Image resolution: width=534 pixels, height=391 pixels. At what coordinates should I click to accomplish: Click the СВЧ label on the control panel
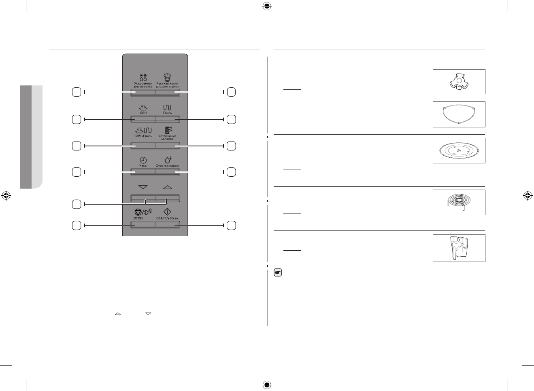click(x=143, y=113)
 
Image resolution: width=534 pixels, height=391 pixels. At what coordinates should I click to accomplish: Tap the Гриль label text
click(x=167, y=113)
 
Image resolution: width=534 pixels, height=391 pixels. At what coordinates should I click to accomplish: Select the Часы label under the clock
click(x=143, y=166)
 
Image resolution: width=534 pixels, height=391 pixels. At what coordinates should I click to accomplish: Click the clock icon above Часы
click(x=143, y=160)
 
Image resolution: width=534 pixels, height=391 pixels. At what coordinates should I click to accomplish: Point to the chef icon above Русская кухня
click(x=167, y=78)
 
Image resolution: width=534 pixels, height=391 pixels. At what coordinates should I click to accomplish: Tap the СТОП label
click(x=138, y=218)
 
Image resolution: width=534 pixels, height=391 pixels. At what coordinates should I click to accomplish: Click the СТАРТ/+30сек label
click(x=167, y=218)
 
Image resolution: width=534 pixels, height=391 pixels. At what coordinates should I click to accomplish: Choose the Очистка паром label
click(x=167, y=166)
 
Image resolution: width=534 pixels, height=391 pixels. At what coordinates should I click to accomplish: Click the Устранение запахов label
click(x=167, y=137)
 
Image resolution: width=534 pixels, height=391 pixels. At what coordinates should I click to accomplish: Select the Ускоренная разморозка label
click(x=143, y=85)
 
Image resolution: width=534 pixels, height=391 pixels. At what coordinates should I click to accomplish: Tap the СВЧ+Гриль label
click(x=143, y=136)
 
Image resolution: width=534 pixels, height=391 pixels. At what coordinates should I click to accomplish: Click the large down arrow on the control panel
click(x=143, y=188)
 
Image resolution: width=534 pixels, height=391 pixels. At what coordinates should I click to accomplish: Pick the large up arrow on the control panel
click(x=167, y=188)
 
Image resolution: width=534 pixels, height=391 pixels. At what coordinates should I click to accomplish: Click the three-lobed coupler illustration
click(x=459, y=81)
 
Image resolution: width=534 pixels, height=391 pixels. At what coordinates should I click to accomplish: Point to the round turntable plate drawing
click(x=459, y=151)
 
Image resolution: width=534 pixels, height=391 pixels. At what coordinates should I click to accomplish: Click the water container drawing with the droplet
click(x=457, y=247)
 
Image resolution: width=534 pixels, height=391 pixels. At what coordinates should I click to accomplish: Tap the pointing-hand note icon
click(x=278, y=273)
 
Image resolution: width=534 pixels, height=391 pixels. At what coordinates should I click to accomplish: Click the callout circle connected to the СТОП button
click(x=76, y=226)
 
